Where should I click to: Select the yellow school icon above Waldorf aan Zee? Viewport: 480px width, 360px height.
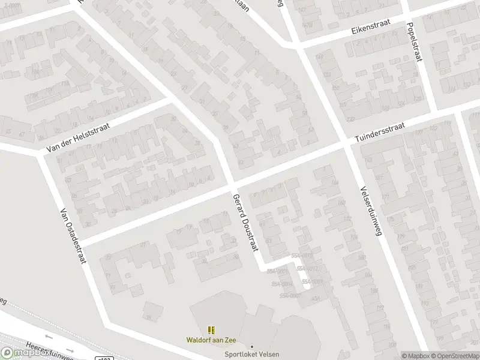(x=211, y=330)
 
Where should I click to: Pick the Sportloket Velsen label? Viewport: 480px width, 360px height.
(x=252, y=354)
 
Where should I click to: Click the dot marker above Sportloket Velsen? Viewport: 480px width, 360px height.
(x=252, y=346)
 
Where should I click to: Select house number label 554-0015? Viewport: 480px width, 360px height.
(x=302, y=256)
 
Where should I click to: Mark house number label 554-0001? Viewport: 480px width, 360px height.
(x=278, y=271)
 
